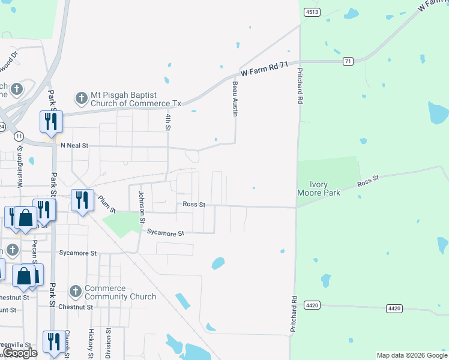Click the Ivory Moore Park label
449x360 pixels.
click(319, 188)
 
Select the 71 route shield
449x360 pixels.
click(348, 61)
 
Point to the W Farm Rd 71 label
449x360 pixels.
click(265, 68)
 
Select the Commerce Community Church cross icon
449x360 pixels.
click(75, 292)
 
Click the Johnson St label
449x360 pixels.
click(142, 206)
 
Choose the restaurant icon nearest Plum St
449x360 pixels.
click(82, 200)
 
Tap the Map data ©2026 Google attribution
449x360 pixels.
click(411, 355)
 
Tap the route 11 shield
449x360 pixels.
click(20, 136)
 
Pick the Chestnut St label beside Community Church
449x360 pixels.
click(77, 307)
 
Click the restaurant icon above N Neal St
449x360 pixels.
click(50, 121)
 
